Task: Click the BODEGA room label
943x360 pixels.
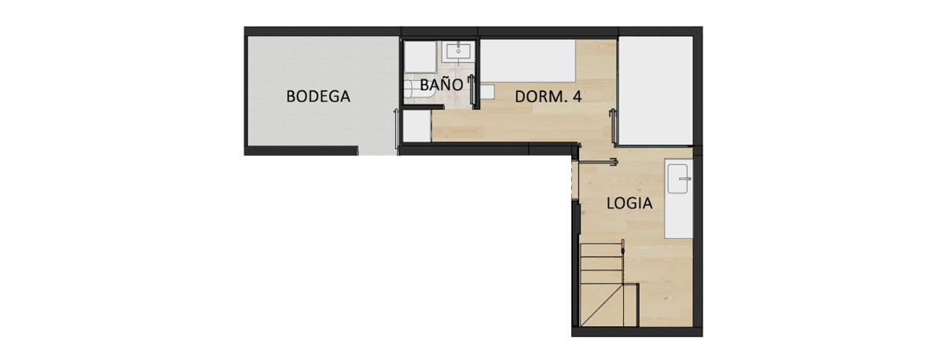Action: click(317, 97)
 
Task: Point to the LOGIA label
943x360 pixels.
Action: click(629, 203)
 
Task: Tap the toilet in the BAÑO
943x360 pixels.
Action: click(412, 89)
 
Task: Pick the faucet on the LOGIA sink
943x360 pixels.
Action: click(684, 179)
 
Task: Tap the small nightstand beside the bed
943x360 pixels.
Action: click(488, 92)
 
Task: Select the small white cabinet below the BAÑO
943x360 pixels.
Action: click(416, 127)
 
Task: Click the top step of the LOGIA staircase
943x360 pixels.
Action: click(601, 251)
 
